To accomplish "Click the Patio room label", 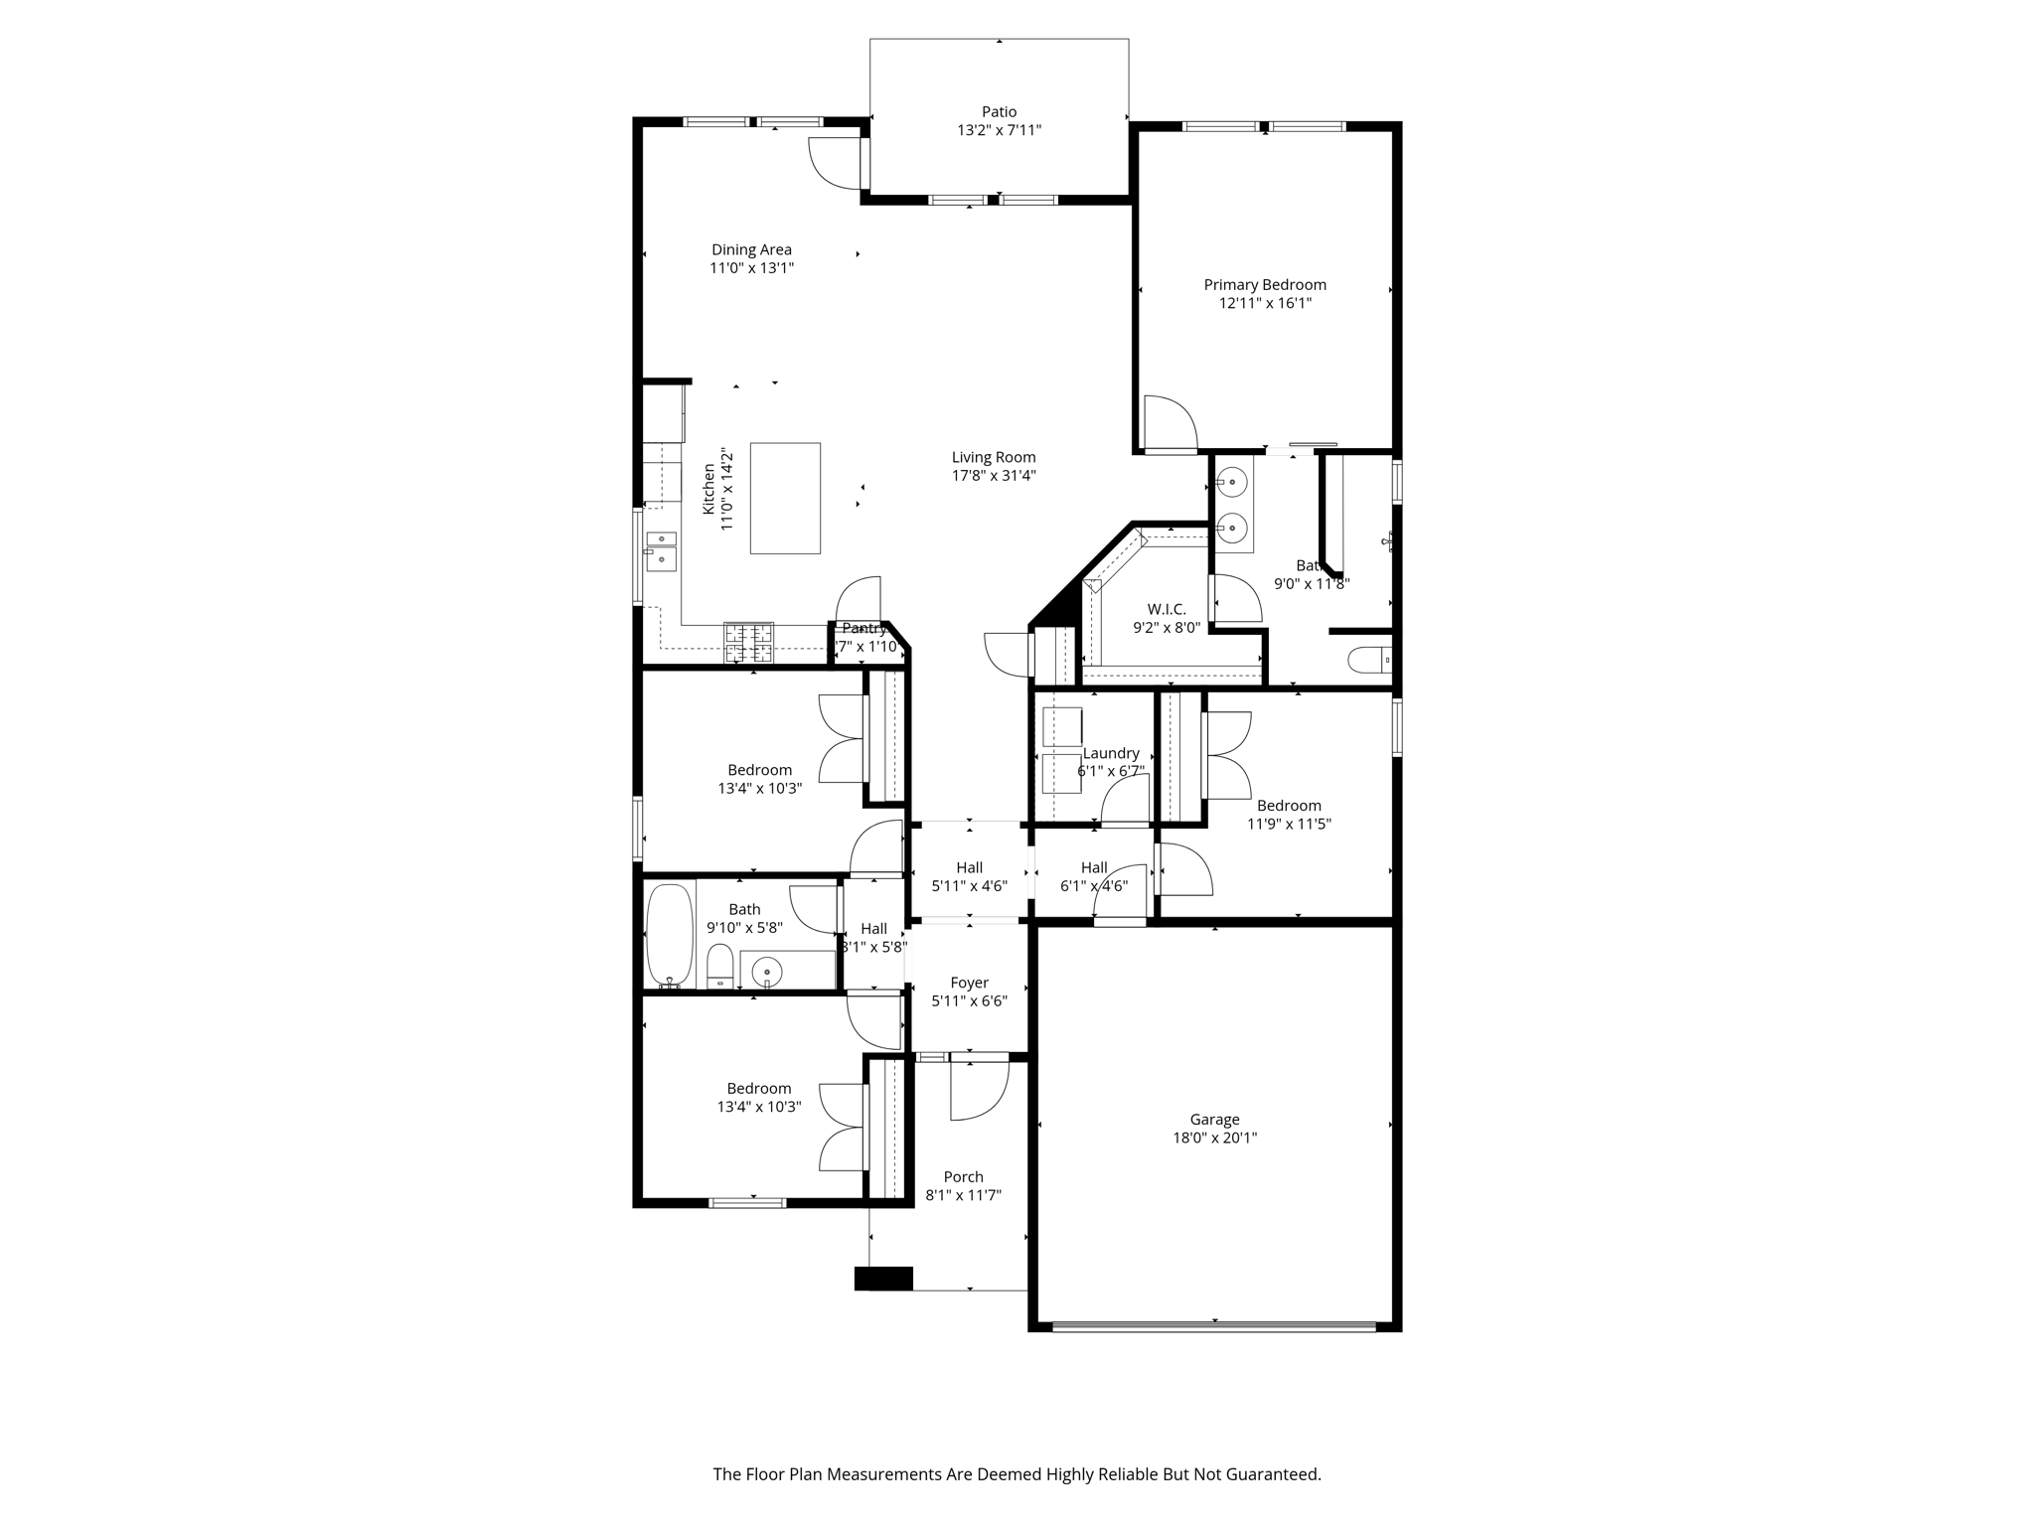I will (x=999, y=112).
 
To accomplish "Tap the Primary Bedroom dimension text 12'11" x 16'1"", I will (x=1265, y=303).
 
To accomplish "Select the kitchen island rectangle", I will (x=785, y=498).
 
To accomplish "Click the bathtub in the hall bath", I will (x=670, y=935).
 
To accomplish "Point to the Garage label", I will (x=1214, y=1120).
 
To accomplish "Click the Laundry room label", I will (x=1111, y=753).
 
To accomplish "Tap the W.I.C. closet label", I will (x=1167, y=609).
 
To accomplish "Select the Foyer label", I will (x=969, y=983).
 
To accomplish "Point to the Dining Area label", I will (x=751, y=249).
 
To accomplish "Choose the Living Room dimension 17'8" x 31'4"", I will (x=994, y=476).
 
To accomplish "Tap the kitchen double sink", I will (x=661, y=550).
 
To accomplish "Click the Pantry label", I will (x=863, y=629).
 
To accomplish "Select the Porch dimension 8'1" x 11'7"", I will (x=963, y=1195).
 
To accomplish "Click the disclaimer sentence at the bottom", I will (x=1017, y=1474).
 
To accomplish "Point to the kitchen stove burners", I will (x=748, y=641).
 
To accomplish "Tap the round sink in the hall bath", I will (x=766, y=971).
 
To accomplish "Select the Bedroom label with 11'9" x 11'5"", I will (x=1289, y=806).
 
